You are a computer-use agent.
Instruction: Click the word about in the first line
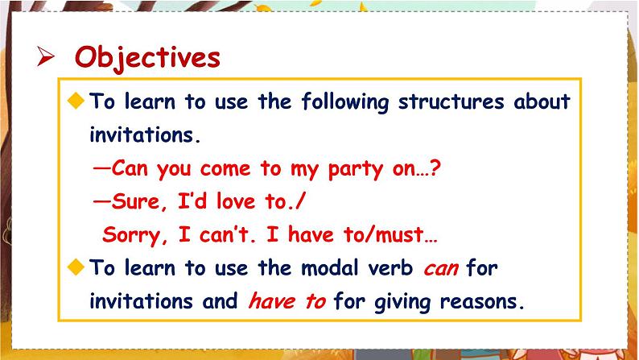point(542,102)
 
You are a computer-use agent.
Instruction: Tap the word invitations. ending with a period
point(143,135)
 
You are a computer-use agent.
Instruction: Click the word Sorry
point(130,237)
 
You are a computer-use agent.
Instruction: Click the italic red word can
point(440,267)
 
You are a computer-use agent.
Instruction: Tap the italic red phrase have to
point(287,302)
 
